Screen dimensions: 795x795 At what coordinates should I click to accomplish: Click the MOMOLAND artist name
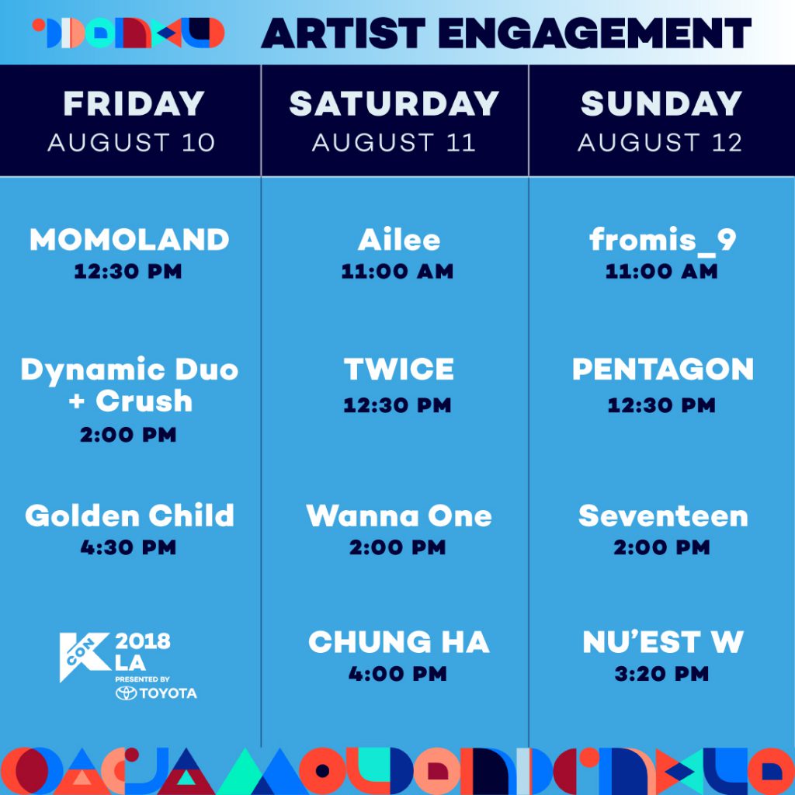tap(130, 239)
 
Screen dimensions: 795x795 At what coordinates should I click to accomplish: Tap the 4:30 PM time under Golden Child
tap(128, 547)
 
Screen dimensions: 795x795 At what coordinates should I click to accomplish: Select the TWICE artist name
tap(398, 369)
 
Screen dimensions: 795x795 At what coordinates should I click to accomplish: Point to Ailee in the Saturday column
tap(398, 239)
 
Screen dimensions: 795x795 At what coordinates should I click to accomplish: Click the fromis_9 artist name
tap(662, 240)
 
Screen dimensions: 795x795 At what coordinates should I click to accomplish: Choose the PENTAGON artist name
tap(663, 369)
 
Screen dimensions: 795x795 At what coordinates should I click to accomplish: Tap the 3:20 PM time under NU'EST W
tap(661, 674)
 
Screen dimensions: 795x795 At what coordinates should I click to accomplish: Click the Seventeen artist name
tap(663, 516)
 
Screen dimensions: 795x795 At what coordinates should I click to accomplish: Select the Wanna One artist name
tap(398, 516)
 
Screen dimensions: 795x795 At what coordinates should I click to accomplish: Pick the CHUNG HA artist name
tap(398, 642)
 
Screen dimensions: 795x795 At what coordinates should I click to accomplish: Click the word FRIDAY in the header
tap(134, 103)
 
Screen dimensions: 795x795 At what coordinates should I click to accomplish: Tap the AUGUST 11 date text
tap(394, 143)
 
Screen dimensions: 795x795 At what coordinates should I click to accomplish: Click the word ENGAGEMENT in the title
tap(594, 33)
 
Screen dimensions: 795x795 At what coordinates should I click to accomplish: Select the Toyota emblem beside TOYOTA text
tap(127, 693)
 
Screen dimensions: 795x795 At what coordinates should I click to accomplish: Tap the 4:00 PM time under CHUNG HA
tap(397, 674)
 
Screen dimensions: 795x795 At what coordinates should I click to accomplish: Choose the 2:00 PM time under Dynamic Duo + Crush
tap(128, 435)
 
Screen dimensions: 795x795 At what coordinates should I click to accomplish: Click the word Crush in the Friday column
tap(144, 401)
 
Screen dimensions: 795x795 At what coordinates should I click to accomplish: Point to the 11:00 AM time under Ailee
tap(397, 271)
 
